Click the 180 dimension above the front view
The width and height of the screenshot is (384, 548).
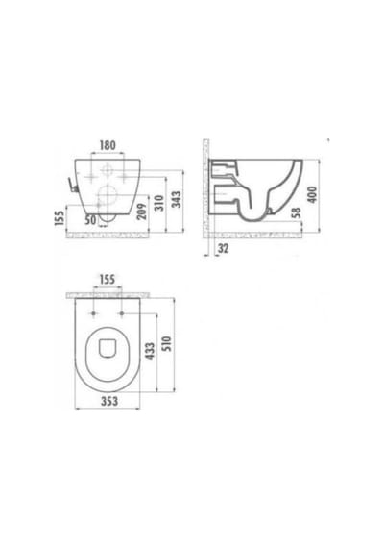108,145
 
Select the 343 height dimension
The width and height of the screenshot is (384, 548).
177,200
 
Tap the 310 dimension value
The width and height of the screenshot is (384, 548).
158,203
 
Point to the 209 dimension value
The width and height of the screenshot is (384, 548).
141,212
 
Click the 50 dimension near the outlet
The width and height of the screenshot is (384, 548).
90,220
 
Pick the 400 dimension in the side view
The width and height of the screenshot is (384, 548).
312,194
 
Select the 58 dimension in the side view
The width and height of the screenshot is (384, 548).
296,213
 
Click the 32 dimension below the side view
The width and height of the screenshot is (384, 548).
223,248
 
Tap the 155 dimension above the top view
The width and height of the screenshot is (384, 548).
108,280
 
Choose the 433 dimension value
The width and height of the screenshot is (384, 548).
150,351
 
